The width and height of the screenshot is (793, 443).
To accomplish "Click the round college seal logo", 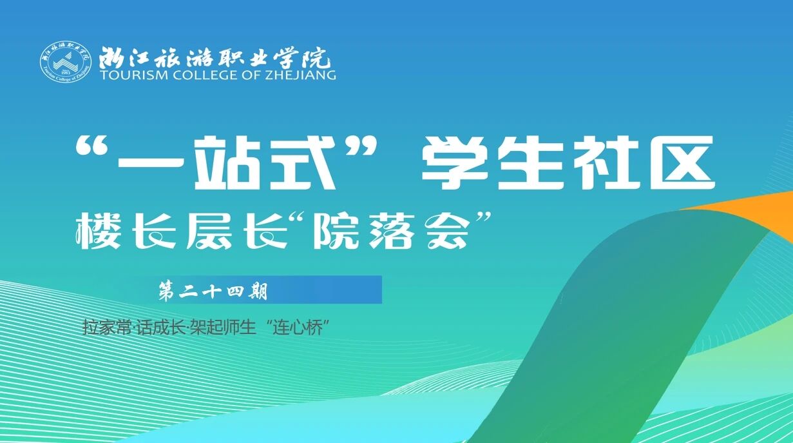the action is click(x=66, y=63).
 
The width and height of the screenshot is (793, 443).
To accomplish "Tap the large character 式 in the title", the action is click(x=303, y=163).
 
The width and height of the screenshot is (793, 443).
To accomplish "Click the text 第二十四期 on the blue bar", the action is click(x=213, y=292).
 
